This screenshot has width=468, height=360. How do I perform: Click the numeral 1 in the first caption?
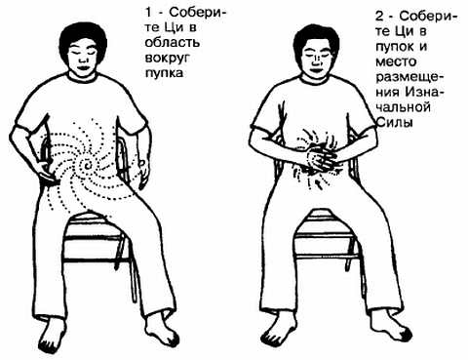point(148,13)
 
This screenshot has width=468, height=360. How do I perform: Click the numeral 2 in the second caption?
point(379,17)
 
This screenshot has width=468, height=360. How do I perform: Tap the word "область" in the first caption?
point(173,43)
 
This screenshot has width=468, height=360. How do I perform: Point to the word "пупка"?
point(164,73)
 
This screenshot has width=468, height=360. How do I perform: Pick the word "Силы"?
point(395,122)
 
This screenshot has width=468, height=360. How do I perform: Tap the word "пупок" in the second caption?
point(395,47)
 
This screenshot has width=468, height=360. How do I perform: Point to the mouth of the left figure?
point(83,67)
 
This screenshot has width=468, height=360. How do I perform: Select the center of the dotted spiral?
point(88,165)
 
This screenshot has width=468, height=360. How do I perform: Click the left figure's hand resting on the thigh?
point(49,176)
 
